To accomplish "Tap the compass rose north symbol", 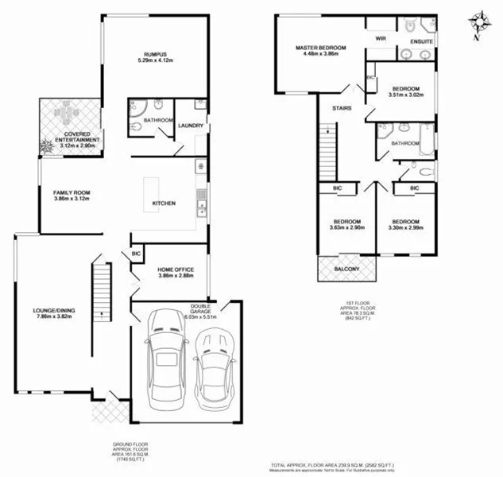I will (x=478, y=21).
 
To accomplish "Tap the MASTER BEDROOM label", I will (x=317, y=48).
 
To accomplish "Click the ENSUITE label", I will (x=421, y=41).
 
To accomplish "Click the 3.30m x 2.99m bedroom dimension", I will (x=404, y=228).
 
